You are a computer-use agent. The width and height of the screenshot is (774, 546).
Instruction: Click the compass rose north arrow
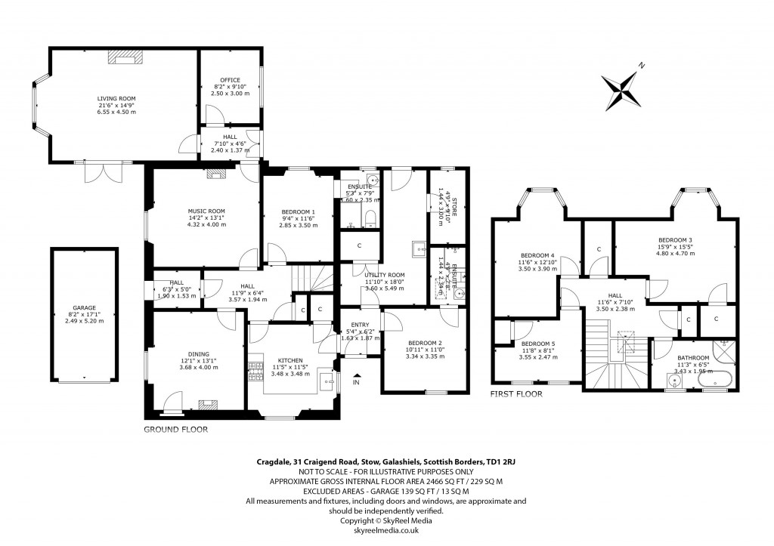tap(622, 88)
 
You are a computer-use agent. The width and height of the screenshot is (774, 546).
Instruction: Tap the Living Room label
tap(116, 98)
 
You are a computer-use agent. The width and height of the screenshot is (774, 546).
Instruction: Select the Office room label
tap(230, 80)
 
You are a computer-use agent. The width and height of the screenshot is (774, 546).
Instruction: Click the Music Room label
tap(206, 211)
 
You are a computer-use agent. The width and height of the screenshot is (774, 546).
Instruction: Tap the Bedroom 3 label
tap(675, 239)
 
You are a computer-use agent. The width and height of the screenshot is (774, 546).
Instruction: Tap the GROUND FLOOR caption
tap(175, 429)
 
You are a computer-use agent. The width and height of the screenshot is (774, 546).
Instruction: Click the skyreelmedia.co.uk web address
tap(386, 530)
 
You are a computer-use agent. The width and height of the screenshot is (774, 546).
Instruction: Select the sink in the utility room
tap(416, 246)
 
